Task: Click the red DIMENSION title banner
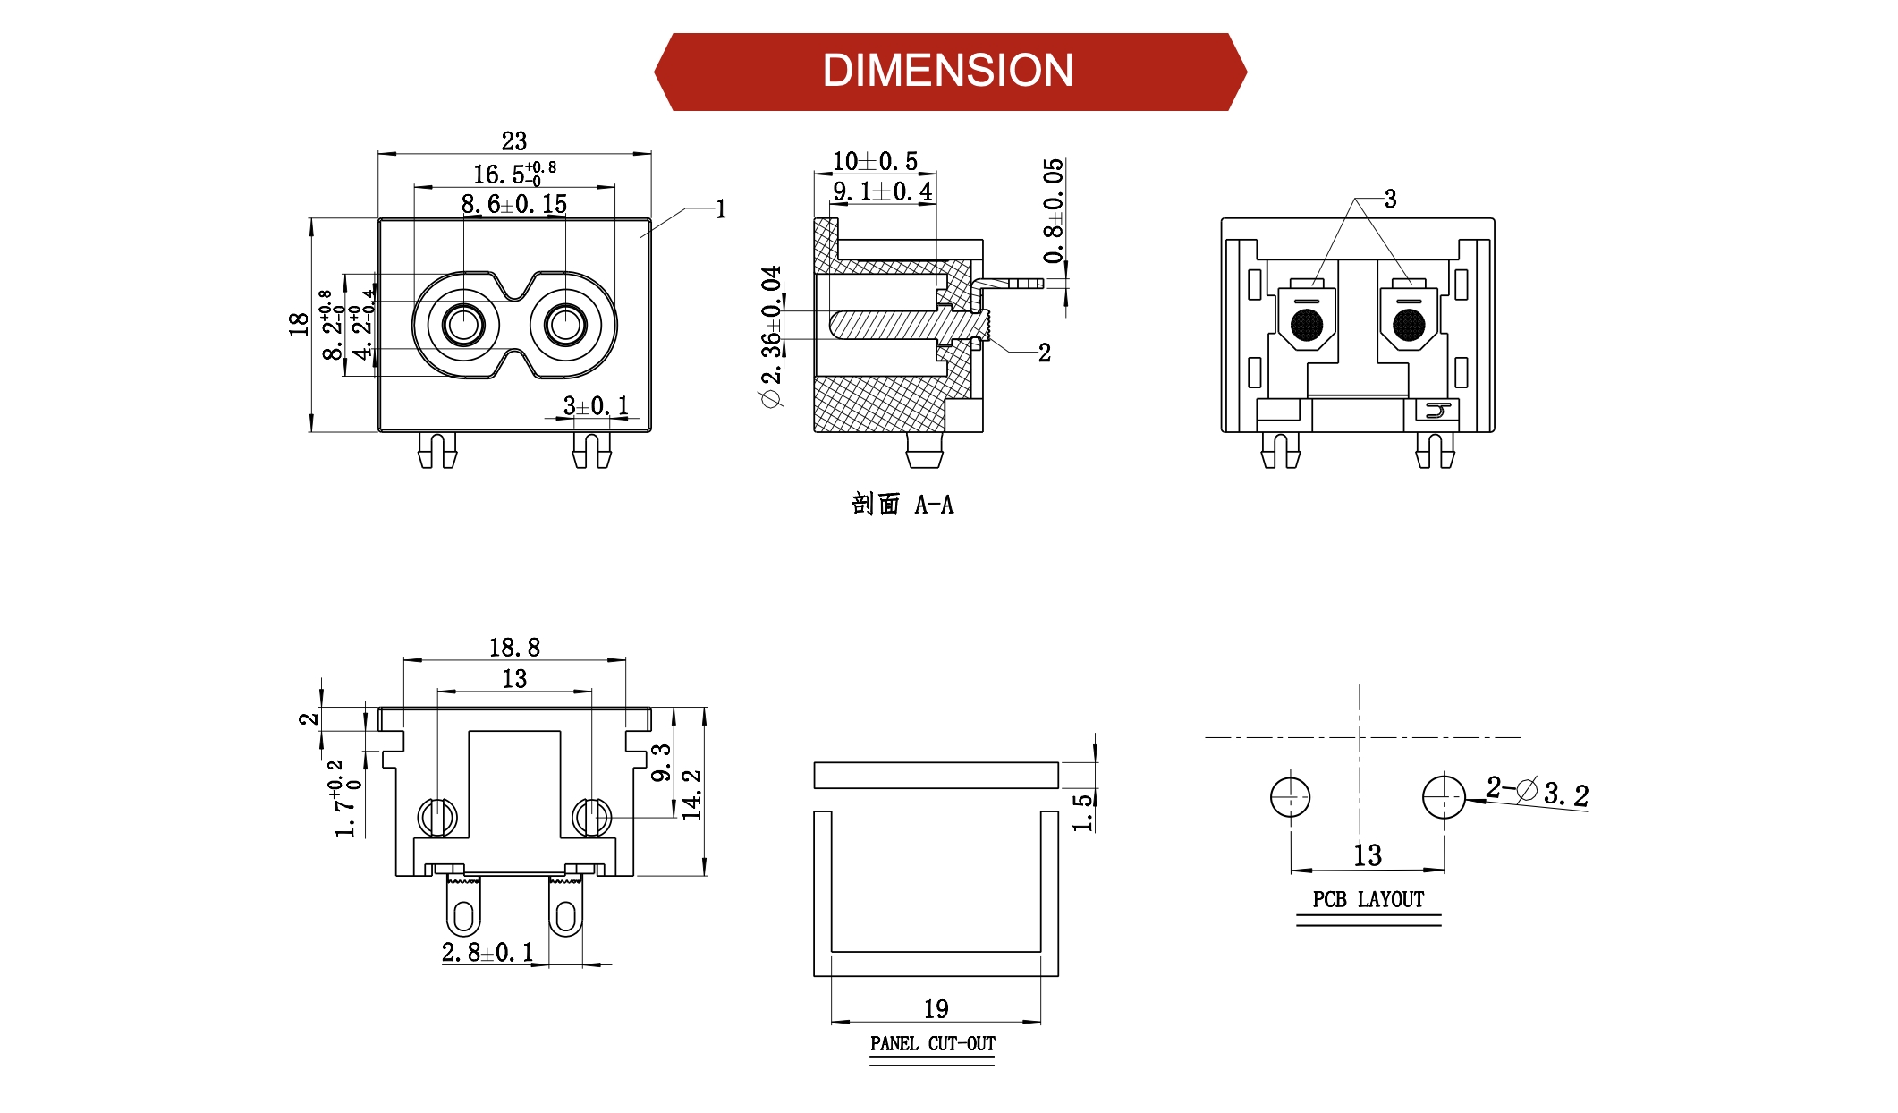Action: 949,72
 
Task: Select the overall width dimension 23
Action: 513,141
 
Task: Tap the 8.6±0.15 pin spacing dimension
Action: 513,204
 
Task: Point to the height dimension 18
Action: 299,324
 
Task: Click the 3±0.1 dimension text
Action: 596,406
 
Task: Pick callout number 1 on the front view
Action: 721,209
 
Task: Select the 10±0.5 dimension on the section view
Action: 875,161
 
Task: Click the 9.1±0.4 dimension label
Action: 882,191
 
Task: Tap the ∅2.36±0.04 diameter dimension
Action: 771,336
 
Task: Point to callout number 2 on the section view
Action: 1044,353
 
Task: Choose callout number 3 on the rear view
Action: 1390,199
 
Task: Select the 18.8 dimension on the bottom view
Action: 514,647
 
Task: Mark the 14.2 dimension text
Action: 692,794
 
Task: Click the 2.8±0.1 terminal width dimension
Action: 487,952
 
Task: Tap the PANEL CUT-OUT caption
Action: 932,1043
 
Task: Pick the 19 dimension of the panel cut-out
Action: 936,1009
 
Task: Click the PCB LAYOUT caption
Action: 1368,899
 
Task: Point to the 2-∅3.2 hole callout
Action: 1537,792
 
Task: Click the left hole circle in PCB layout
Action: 1290,796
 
